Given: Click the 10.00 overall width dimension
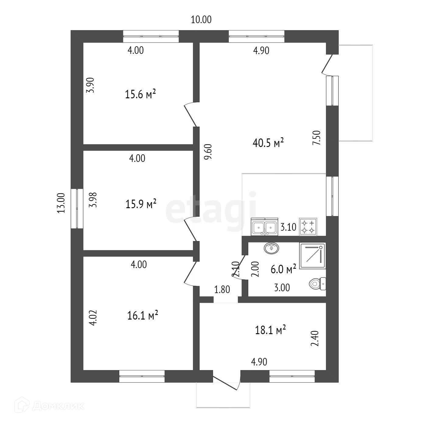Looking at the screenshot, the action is pos(201,20).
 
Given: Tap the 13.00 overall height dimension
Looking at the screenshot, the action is pos(61,203).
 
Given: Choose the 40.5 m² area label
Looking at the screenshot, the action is pos(268,142).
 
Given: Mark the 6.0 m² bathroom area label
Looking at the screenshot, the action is pos(283,269).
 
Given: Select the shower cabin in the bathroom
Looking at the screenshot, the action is pos(313,256).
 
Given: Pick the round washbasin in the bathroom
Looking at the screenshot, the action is pos(271,248).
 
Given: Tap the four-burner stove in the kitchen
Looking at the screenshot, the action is pos(308,227).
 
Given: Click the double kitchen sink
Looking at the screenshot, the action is pos(264,227).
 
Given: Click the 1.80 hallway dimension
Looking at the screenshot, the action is pos(222,289).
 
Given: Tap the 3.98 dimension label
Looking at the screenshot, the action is pos(93,200).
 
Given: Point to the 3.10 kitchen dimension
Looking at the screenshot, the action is pos(288,227).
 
